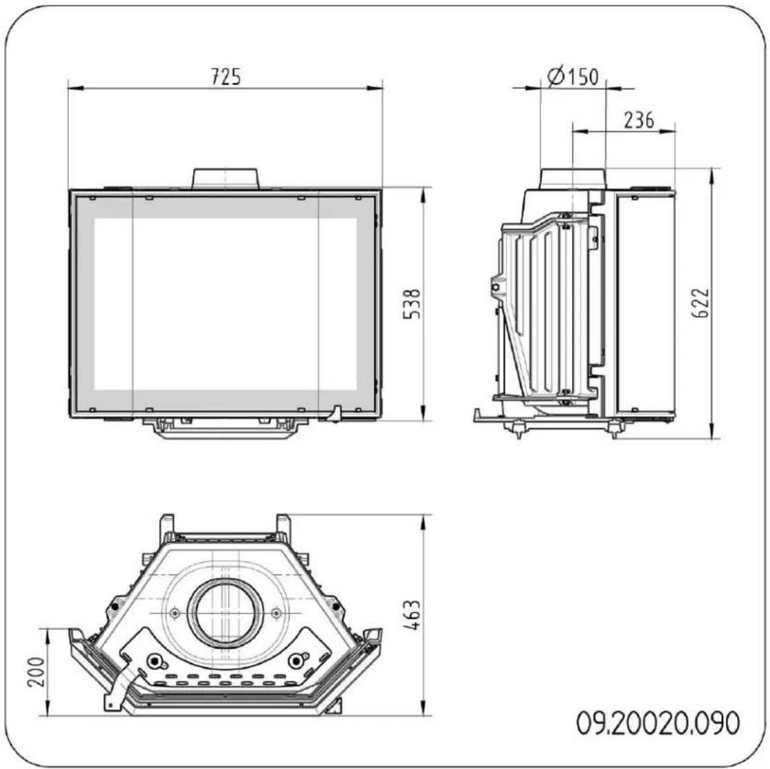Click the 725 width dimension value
pos(225,76)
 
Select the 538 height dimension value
pos(412,303)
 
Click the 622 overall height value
pos(701,303)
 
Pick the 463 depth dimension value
pos(412,614)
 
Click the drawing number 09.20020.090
pos(658,724)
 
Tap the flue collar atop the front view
pos(225,179)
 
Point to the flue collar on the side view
pos(573,179)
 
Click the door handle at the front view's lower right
pos(335,415)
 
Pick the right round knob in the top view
pos(296,662)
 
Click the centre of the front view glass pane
pos(225,303)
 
